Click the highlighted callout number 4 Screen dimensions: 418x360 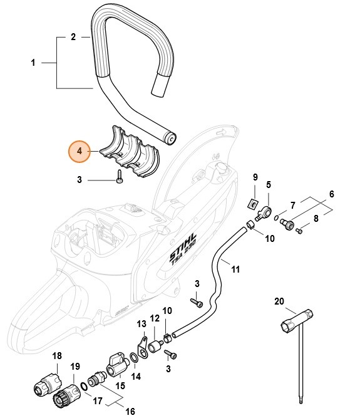pos(79,151)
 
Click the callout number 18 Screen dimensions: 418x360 pos(57,356)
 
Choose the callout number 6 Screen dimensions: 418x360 pos(332,194)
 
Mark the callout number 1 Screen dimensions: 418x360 pos(33,62)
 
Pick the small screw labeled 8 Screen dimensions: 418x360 pos(299,232)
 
